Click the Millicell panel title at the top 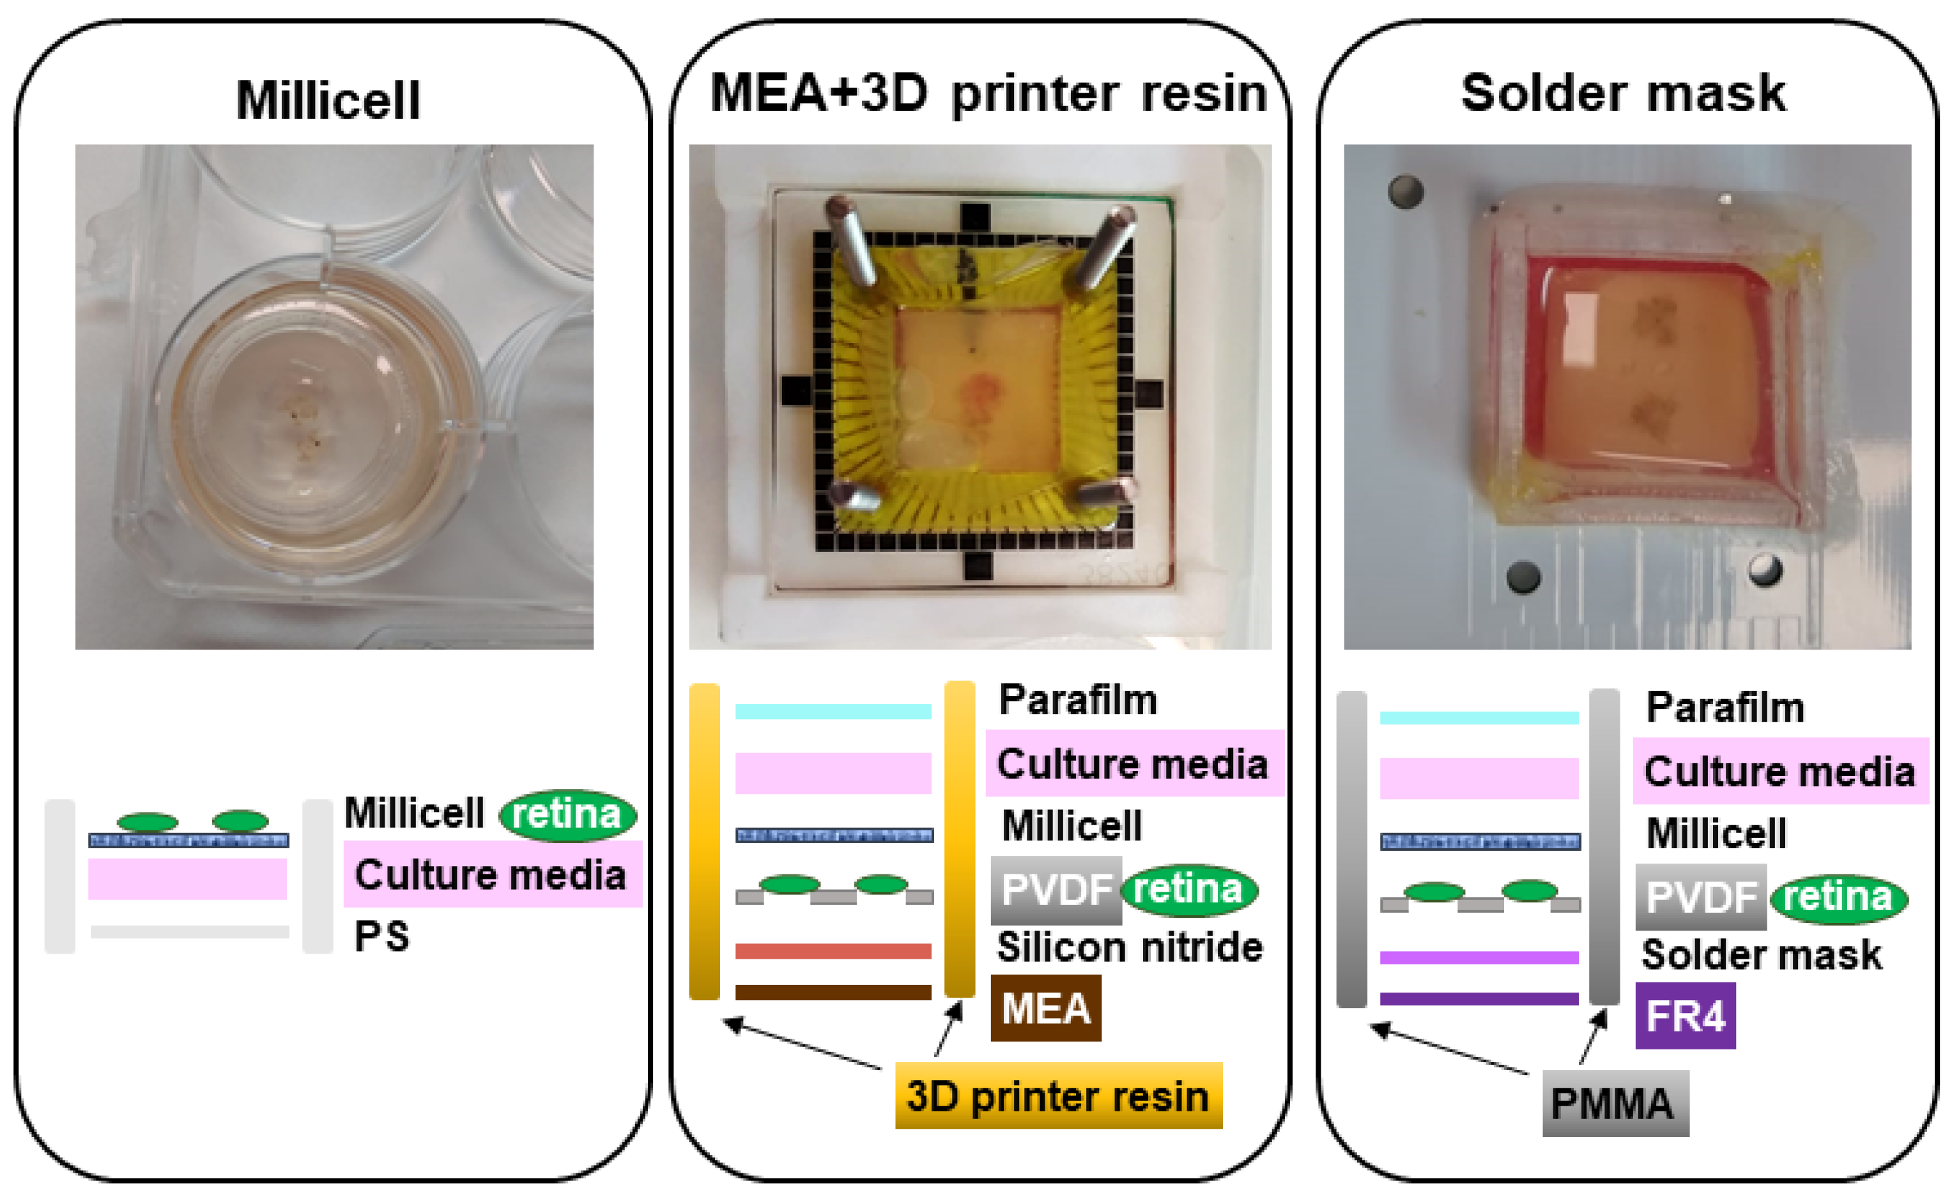328,100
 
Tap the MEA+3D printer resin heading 988,94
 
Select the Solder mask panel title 1623,94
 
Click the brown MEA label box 1045,1008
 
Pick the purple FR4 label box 1685,1016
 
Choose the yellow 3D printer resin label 1058,1097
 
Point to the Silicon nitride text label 1129,948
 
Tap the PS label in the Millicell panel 381,936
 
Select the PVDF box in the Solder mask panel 1700,897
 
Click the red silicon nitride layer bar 833,951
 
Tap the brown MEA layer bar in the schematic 833,992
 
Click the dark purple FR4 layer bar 1479,998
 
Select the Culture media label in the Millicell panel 491,875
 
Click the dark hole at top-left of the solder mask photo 1405,192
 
